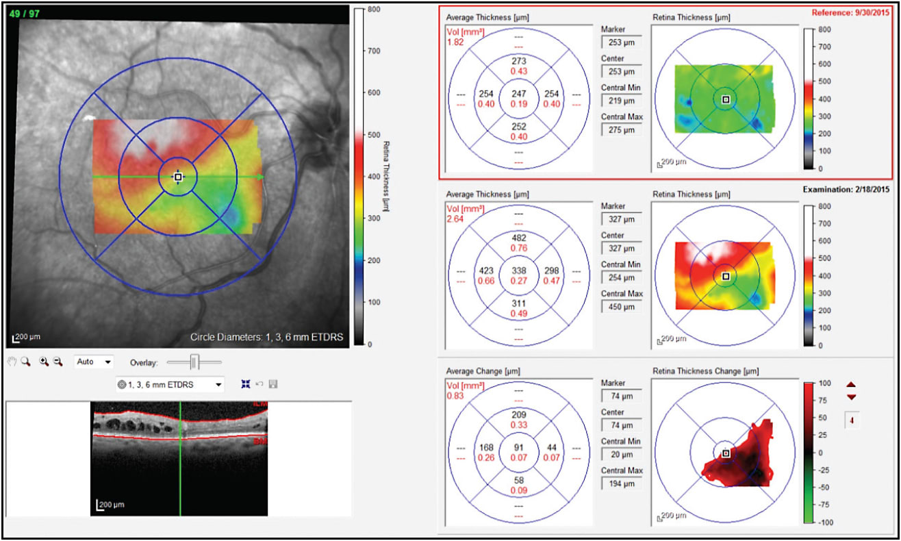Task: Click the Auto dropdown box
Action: tap(94, 362)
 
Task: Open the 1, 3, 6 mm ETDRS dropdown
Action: tap(170, 385)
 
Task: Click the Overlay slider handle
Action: tap(194, 362)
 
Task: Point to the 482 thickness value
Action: tap(518, 238)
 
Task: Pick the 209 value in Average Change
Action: tap(518, 414)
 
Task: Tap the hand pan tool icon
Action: tap(12, 362)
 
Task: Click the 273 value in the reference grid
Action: tap(518, 61)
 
